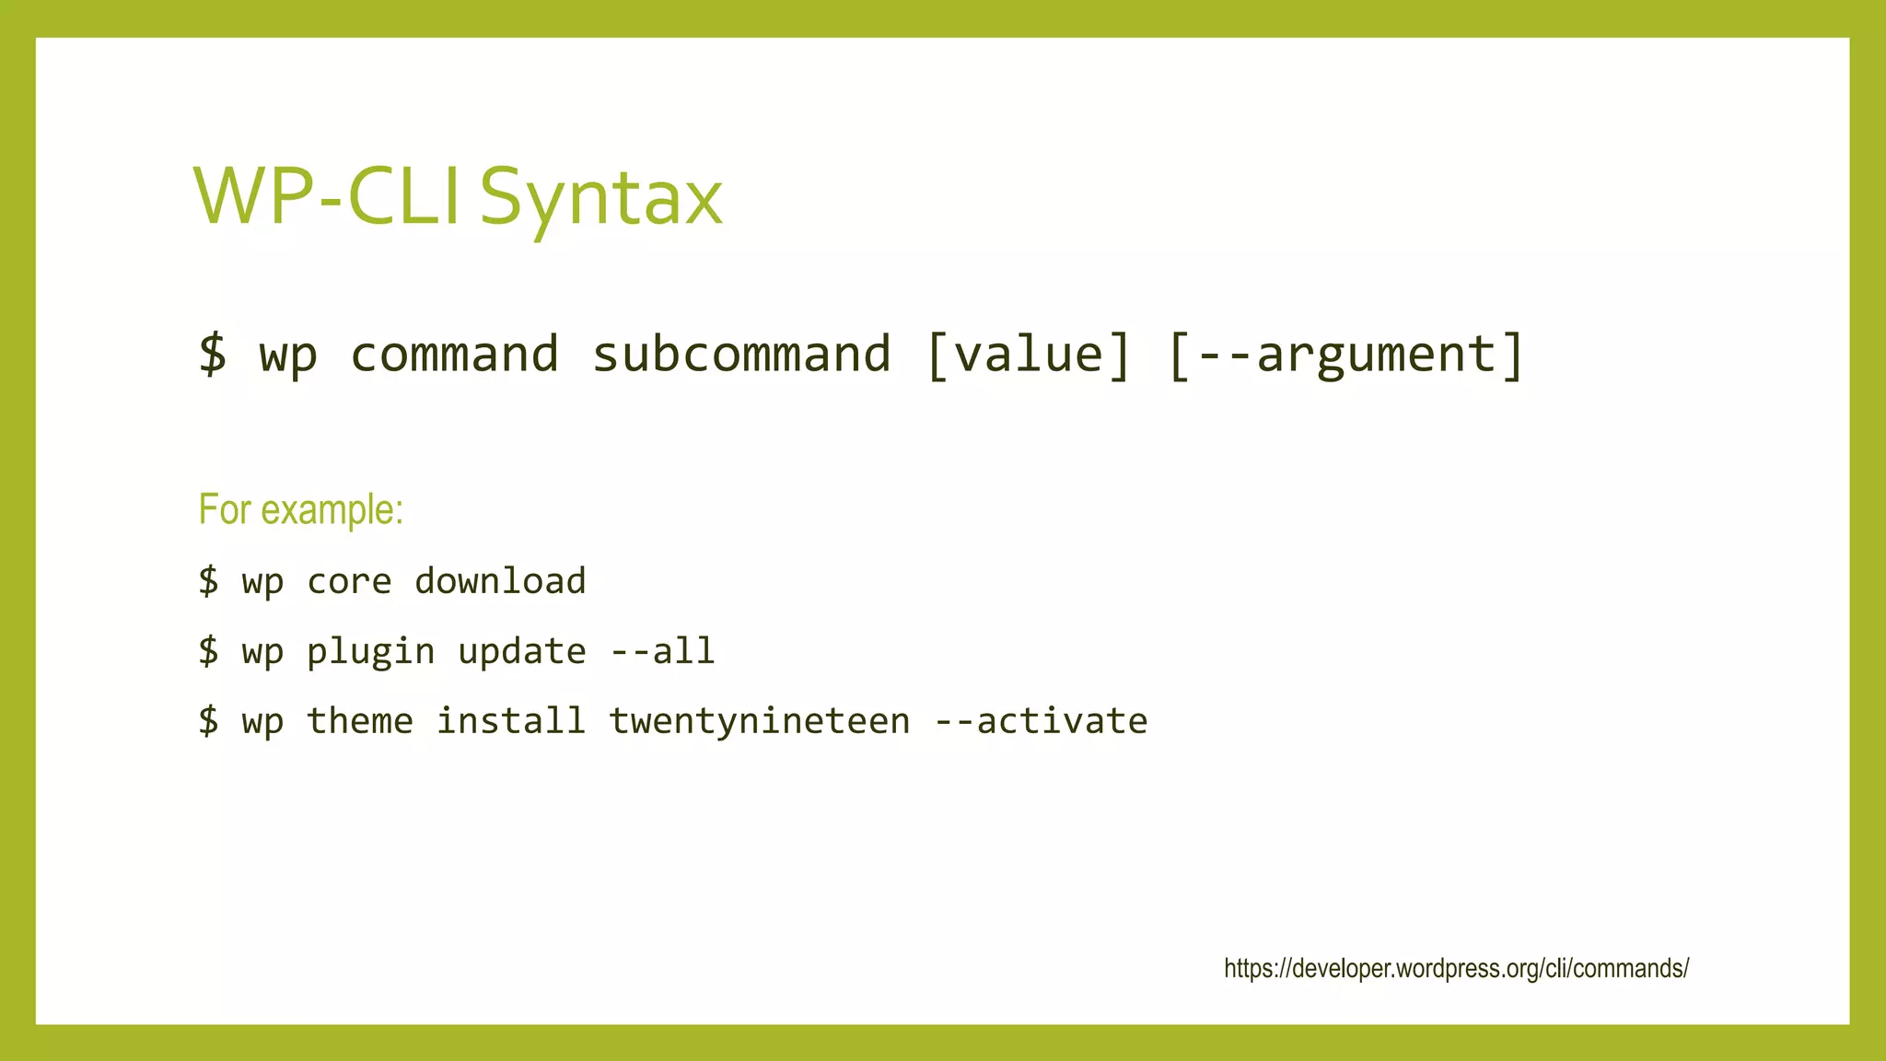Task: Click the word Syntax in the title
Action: click(x=601, y=197)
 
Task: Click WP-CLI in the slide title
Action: click(x=327, y=197)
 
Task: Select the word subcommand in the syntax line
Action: click(x=741, y=355)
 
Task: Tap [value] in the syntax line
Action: click(x=1029, y=355)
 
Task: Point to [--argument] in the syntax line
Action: click(x=1345, y=355)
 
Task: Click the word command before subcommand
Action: click(x=454, y=355)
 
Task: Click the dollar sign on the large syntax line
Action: click(x=213, y=355)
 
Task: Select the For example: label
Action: click(x=301, y=509)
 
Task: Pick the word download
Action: click(x=500, y=581)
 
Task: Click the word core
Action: click(x=349, y=581)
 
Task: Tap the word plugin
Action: click(x=370, y=652)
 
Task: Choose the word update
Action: click(x=522, y=652)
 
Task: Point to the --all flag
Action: click(x=662, y=652)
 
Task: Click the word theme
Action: click(x=359, y=721)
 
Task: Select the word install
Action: click(x=511, y=721)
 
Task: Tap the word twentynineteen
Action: click(x=760, y=721)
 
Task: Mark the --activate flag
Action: click(x=1041, y=721)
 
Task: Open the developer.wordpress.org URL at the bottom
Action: click(x=1456, y=969)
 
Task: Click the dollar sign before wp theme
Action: click(x=209, y=721)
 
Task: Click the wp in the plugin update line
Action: click(x=262, y=652)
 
